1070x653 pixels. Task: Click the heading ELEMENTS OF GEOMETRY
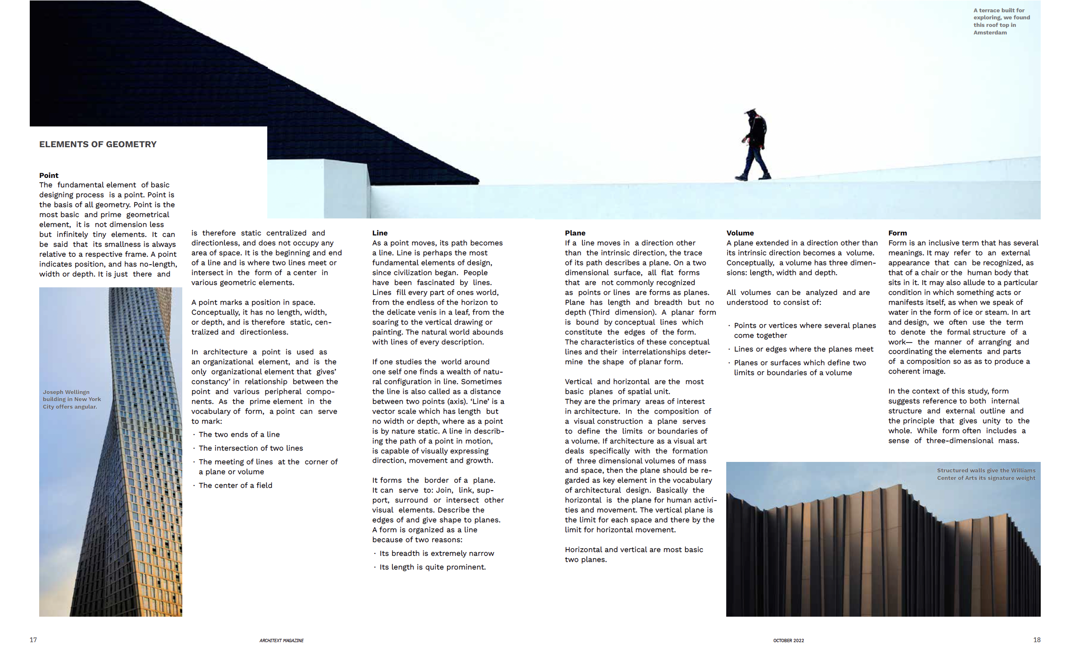tap(98, 144)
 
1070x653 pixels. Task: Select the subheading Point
tap(49, 176)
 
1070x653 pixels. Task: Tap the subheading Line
tap(380, 233)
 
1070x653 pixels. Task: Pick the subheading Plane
tap(575, 233)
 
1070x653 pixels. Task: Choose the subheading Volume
tap(740, 233)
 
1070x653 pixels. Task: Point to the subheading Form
tap(897, 233)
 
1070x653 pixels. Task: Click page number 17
tap(33, 640)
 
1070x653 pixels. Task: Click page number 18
tap(1036, 640)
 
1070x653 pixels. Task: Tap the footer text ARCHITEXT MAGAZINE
tap(281, 641)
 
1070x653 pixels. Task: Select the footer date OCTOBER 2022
tap(788, 641)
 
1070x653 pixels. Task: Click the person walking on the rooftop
tap(755, 145)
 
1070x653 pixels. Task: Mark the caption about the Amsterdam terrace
tap(1001, 21)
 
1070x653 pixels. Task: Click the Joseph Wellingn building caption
tap(71, 399)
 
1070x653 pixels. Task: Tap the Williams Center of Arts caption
tap(986, 474)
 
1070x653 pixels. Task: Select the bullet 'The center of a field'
tap(235, 486)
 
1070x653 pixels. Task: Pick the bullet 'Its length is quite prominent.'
tap(432, 567)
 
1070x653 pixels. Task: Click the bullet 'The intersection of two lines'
tap(251, 448)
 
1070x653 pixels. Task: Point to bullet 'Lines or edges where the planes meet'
tap(803, 349)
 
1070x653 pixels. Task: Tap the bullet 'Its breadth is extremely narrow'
tap(436, 553)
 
